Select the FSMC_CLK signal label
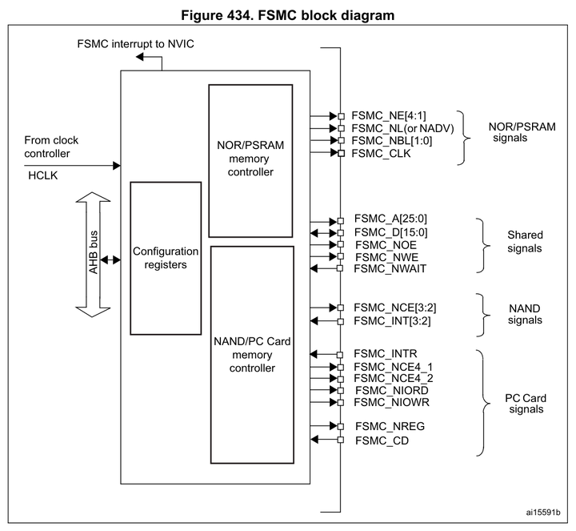click(381, 153)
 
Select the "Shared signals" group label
click(525, 242)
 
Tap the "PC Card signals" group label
click(525, 403)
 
